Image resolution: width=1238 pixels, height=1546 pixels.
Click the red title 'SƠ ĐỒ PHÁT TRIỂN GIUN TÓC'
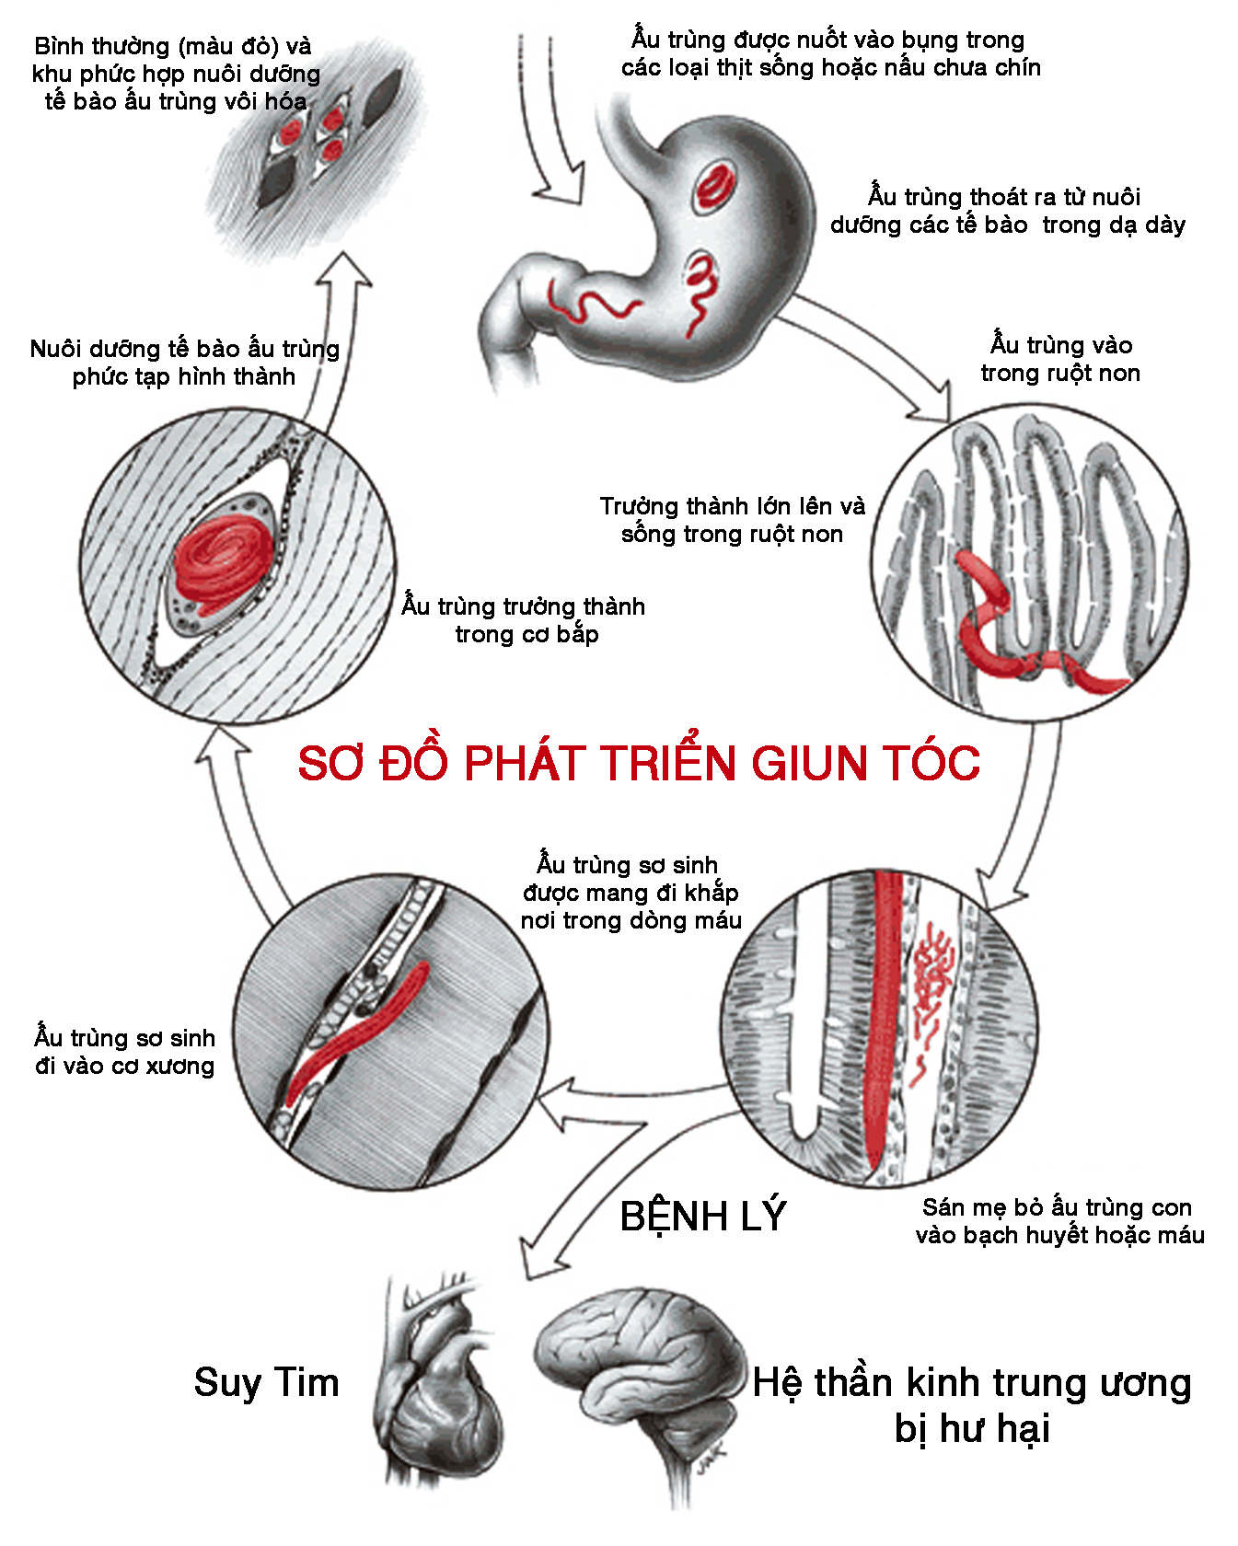(x=639, y=763)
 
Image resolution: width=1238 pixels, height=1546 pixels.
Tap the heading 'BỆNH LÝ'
(x=702, y=1216)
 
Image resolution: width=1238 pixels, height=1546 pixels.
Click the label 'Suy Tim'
(x=266, y=1382)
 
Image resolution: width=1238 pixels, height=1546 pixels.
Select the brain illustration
(x=640, y=1371)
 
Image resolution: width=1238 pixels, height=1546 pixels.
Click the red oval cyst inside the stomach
(x=713, y=185)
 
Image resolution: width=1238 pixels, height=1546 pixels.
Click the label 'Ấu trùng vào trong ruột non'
(x=1060, y=359)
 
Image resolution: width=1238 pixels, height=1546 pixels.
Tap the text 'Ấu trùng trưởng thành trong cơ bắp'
(x=524, y=620)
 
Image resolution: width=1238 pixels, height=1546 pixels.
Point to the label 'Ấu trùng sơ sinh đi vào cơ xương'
(x=125, y=1051)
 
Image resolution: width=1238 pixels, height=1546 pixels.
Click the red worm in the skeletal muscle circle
(x=359, y=1031)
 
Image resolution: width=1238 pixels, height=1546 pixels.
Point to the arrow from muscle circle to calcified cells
(x=336, y=340)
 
